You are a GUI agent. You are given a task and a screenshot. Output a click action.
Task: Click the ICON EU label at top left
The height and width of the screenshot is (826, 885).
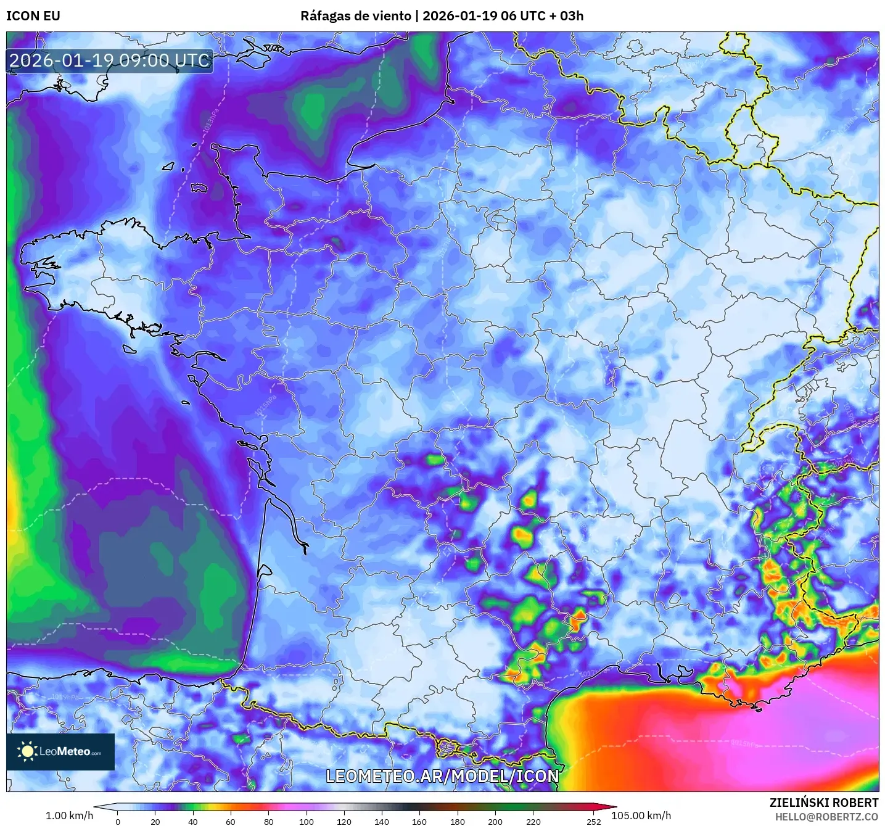33,16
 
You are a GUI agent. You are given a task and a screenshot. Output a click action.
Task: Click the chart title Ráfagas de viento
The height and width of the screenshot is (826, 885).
355,16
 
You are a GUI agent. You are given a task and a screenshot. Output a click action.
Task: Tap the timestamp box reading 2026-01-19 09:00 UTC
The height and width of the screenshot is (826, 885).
110,60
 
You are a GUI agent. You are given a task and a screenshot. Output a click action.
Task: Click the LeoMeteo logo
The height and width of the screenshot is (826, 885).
60,751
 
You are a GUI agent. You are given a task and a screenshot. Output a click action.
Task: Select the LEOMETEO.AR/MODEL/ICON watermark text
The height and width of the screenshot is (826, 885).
442,776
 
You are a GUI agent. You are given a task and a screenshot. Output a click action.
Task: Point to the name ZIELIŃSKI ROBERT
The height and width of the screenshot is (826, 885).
824,803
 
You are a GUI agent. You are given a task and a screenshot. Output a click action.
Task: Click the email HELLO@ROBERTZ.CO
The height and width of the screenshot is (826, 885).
826,817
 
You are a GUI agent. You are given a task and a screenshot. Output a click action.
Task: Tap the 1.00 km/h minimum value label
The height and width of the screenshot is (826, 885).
70,816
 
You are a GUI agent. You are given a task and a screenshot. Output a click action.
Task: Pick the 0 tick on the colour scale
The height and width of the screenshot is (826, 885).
118,821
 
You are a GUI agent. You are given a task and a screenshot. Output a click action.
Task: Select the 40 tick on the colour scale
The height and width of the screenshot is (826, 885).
193,821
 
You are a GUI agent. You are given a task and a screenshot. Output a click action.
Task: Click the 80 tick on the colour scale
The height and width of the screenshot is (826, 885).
269,821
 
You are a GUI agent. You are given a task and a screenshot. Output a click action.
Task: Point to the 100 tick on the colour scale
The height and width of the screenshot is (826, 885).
307,821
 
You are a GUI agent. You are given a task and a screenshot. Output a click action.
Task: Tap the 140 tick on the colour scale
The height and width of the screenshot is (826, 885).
382,821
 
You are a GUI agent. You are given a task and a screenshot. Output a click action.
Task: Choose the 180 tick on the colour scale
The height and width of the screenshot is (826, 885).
458,821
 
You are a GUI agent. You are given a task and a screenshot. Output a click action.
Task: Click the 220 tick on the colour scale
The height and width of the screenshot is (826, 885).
533,821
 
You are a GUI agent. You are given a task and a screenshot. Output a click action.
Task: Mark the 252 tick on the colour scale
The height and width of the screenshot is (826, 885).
593,821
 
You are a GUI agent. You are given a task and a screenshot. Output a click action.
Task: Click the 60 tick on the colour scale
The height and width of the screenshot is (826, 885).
231,821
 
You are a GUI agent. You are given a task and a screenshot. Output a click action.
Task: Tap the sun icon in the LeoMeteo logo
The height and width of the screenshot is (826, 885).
27,751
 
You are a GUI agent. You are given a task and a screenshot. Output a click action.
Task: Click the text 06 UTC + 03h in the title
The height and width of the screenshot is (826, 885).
542,16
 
